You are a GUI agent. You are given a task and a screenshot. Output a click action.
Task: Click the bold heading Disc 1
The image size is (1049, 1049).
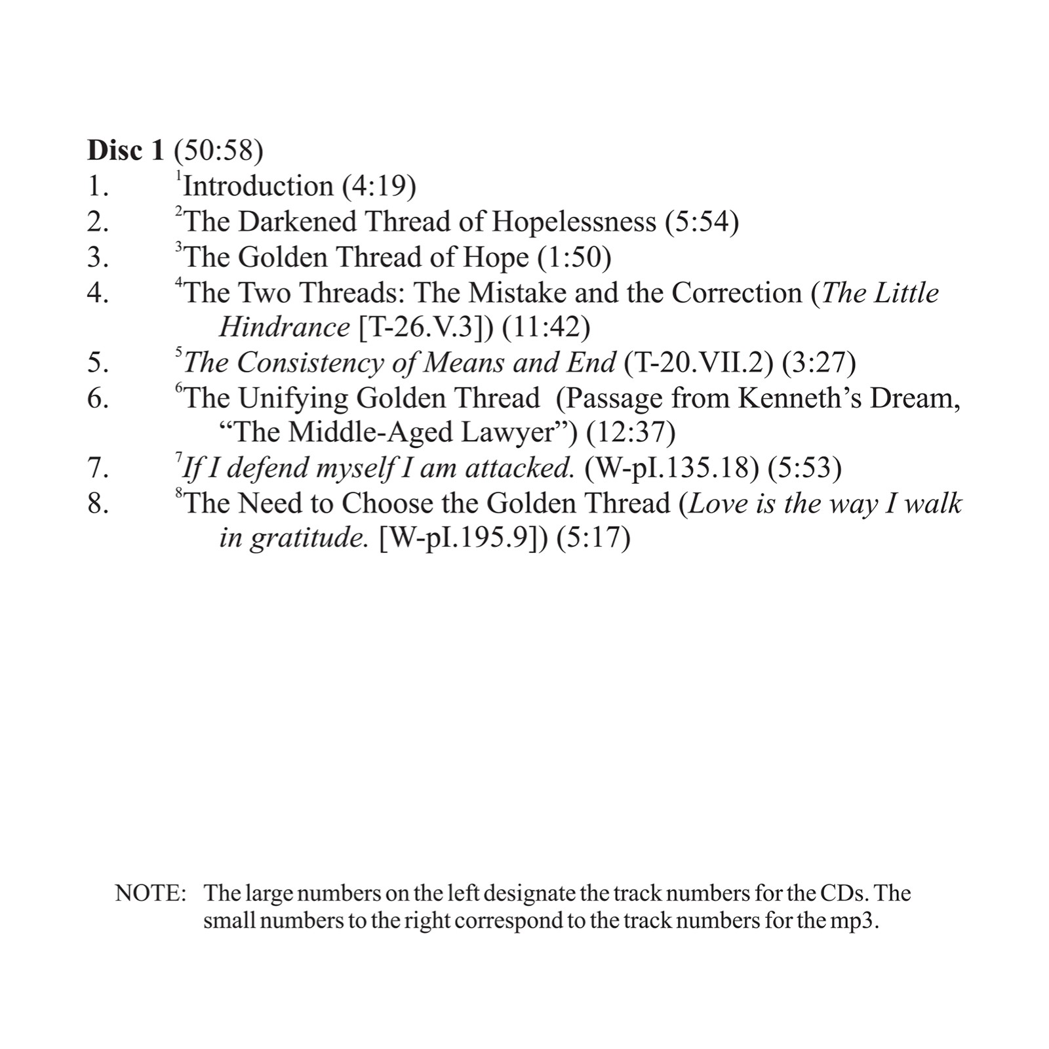tap(125, 151)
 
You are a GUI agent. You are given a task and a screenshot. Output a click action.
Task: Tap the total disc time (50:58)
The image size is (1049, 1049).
tap(218, 151)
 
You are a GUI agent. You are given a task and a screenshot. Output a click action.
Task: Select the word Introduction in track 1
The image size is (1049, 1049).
tap(258, 186)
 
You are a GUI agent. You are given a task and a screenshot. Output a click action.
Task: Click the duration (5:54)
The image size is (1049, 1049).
tap(702, 222)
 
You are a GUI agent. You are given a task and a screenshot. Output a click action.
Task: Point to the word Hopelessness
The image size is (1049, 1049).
tap(574, 222)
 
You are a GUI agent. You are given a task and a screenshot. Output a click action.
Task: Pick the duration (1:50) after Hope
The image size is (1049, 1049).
tap(574, 257)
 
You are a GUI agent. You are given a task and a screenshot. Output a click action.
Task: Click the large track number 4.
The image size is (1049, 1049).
tap(98, 292)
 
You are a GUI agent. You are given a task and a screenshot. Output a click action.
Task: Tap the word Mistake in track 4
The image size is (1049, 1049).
tap(517, 292)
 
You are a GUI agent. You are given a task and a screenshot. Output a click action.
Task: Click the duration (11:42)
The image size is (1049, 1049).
tap(546, 327)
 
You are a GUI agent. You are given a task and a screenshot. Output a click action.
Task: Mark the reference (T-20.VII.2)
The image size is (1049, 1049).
tap(698, 363)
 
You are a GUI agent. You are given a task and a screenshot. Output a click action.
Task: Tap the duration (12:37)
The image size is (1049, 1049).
tap(631, 433)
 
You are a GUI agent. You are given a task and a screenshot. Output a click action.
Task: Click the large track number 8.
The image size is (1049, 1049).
tap(98, 504)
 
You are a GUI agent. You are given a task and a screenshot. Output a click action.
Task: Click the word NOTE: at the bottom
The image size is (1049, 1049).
tap(151, 893)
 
